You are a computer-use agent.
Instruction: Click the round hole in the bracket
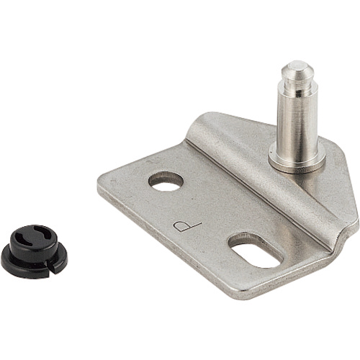(x=166, y=181)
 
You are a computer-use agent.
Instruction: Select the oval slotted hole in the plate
(x=256, y=250)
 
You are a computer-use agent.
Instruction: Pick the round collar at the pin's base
(x=297, y=160)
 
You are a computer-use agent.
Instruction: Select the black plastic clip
(x=34, y=251)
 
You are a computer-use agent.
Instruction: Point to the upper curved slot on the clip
(x=43, y=231)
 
